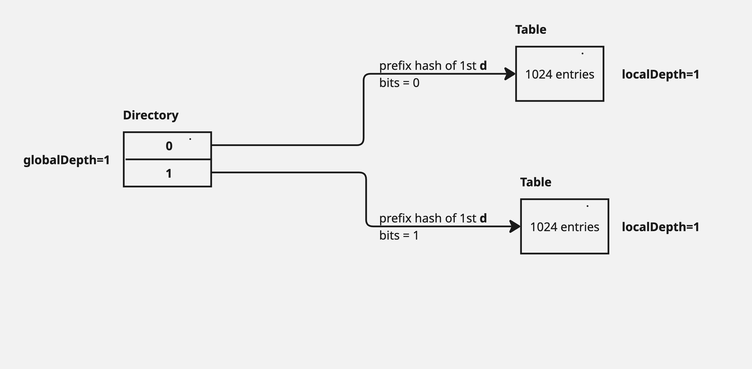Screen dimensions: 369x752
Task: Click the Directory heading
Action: pos(151,115)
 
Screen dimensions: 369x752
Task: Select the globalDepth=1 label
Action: pos(67,160)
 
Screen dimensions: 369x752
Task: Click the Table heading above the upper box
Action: pos(530,30)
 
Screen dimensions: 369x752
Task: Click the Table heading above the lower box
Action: pos(535,182)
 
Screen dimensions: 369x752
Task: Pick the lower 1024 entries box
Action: pos(564,227)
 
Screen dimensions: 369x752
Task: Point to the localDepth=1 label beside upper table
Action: pos(660,75)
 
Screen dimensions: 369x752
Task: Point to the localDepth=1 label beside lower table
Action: pos(660,227)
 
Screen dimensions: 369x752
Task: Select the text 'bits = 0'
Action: pos(399,83)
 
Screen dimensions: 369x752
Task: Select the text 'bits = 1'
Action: pos(399,235)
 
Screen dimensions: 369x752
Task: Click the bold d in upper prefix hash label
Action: pos(483,66)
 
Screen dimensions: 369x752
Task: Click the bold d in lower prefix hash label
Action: pos(483,218)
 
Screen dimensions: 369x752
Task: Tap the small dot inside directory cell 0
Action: pos(190,139)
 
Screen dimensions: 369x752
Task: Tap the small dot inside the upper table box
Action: pos(582,54)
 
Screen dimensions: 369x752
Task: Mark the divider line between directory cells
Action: pos(168,159)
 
